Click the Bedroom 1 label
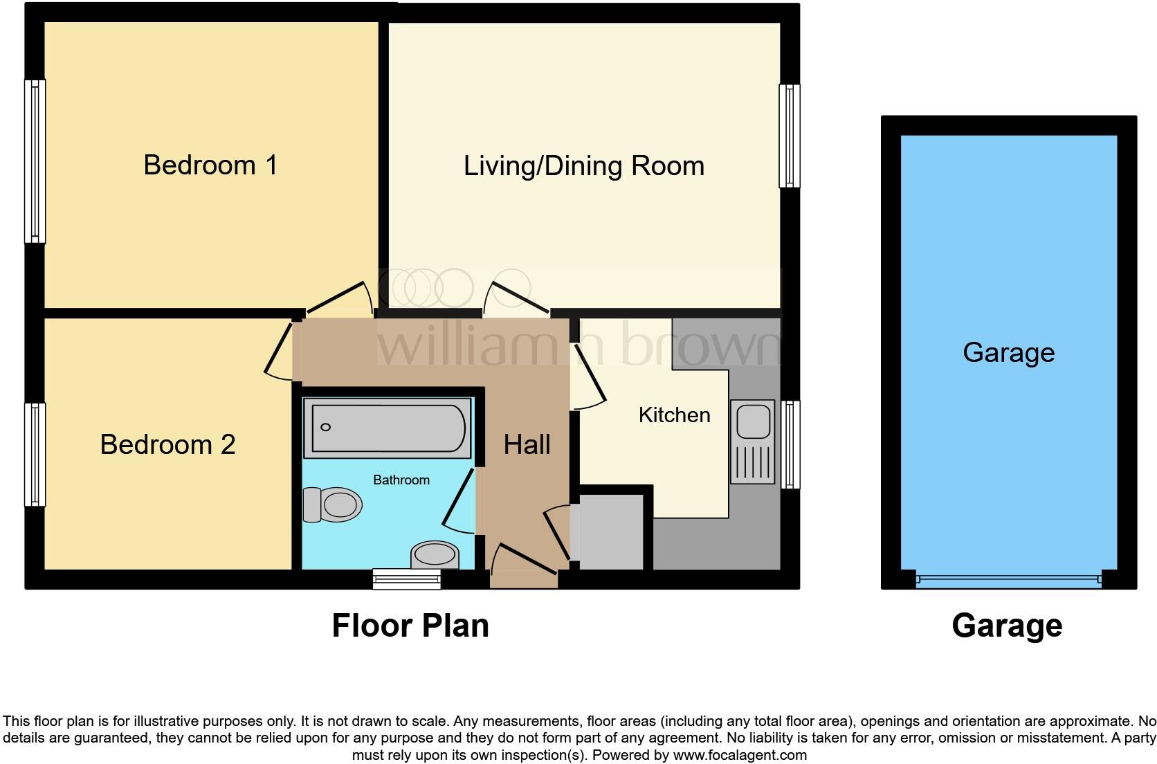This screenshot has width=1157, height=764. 210,165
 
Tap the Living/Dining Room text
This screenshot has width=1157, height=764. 583,166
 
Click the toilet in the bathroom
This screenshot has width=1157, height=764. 333,504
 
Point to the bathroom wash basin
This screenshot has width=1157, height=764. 435,554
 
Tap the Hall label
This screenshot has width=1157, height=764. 527,445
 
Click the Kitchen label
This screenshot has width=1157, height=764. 674,415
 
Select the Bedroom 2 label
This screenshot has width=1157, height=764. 167,444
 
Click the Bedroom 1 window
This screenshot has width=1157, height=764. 35,161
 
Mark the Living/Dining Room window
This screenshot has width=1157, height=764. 790,136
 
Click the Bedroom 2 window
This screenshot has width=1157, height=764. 35,455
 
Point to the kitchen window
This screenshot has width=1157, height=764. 790,444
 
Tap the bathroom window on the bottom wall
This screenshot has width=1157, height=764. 407,579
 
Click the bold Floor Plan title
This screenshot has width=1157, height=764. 410,626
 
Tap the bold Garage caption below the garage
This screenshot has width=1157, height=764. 1007,626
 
